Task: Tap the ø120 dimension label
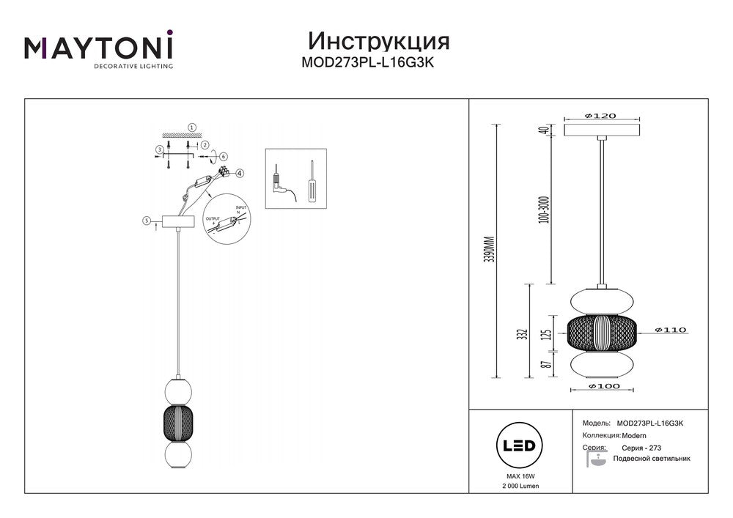(x=600, y=116)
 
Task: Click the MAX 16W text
(x=518, y=476)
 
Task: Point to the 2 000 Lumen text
(x=518, y=486)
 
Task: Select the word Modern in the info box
(x=633, y=435)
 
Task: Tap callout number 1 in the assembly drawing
(x=192, y=127)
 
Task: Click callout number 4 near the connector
(x=239, y=174)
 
